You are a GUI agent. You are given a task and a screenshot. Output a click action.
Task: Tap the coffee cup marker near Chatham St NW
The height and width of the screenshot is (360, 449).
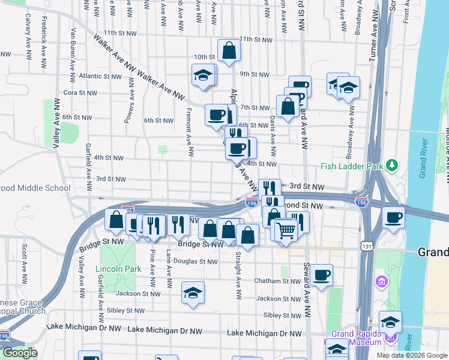[321, 275]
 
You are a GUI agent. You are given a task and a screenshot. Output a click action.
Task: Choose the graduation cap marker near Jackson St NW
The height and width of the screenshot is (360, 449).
[193, 293]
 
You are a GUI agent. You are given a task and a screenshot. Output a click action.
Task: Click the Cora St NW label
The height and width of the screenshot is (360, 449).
[80, 93]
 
